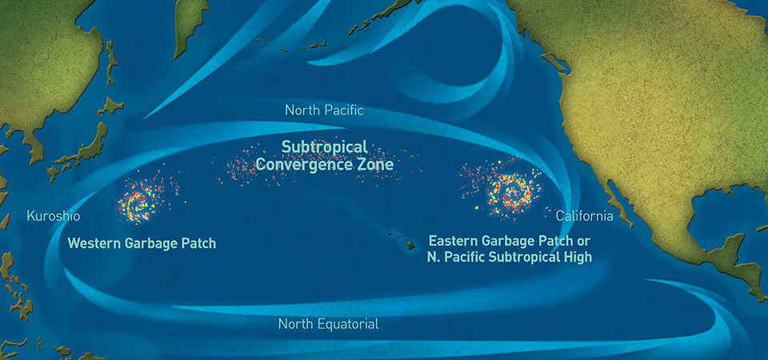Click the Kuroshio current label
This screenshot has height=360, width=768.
[54, 216]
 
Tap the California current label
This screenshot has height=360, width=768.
[584, 216]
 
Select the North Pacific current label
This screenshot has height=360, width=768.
[324, 110]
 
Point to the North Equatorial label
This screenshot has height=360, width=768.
[328, 324]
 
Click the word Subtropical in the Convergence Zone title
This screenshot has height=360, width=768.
[324, 147]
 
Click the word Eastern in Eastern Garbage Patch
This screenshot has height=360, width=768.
[454, 241]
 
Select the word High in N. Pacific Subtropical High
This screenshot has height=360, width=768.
[576, 258]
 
